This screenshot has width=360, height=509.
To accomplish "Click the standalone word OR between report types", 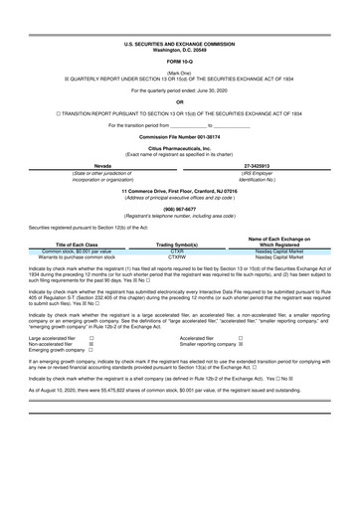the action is (x=179, y=101).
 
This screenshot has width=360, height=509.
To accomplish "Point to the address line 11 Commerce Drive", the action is (x=179, y=189).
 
